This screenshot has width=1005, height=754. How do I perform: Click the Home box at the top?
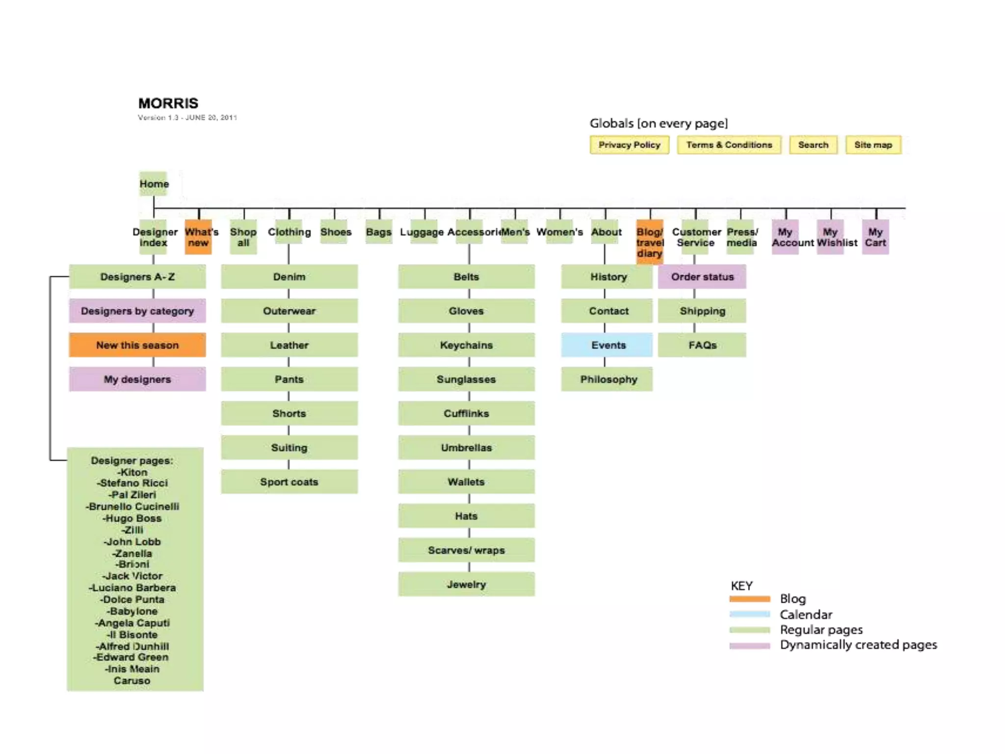[x=154, y=184]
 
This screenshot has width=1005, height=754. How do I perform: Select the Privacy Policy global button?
[x=629, y=145]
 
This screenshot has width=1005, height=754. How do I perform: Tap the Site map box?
[x=873, y=145]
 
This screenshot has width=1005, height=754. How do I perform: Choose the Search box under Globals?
[x=813, y=145]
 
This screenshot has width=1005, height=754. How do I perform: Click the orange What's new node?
[x=199, y=237]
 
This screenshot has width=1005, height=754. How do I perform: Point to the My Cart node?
[x=875, y=237]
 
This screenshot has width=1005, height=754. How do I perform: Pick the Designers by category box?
[x=137, y=311]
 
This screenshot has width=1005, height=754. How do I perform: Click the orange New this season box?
[x=137, y=345]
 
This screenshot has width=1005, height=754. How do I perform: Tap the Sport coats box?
[x=289, y=482]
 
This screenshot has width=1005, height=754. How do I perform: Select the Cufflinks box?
[x=466, y=413]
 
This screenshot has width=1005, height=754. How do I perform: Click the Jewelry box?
[x=466, y=584]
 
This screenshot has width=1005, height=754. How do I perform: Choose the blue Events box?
[x=608, y=345]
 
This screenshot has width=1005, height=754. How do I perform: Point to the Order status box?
[x=702, y=277]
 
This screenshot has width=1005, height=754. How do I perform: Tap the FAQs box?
[x=702, y=345]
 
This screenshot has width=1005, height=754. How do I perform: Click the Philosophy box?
[x=608, y=379]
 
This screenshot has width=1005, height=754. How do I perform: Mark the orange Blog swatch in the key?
[x=749, y=599]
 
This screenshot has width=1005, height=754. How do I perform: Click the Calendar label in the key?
[x=806, y=614]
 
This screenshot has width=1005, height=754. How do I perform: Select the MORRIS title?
[x=168, y=103]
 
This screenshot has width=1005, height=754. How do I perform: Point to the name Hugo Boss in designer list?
[x=132, y=518]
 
